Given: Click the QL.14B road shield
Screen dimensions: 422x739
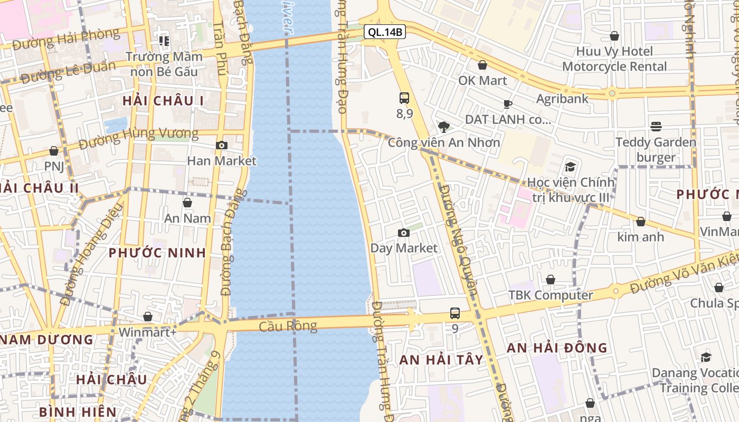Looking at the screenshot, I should [x=385, y=32].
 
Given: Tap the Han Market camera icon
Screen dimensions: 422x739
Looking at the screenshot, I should [x=222, y=145].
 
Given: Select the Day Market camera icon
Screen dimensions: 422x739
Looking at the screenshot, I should [x=404, y=233].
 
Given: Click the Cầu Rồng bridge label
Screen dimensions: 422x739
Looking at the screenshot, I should [x=288, y=326].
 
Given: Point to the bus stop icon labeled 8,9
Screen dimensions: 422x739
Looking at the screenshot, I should [x=404, y=98].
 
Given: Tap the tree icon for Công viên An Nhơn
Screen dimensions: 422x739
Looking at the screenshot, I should [x=443, y=127].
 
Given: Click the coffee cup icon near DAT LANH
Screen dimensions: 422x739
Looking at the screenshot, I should [x=508, y=104].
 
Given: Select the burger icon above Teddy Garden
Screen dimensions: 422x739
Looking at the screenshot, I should [x=656, y=127].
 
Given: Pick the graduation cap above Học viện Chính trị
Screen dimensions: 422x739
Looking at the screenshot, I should [x=570, y=167].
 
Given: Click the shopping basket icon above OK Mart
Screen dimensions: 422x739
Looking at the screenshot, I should [x=482, y=65].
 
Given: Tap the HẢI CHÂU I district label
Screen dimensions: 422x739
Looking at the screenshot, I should [x=163, y=101].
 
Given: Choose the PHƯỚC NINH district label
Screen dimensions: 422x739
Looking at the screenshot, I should [x=157, y=253].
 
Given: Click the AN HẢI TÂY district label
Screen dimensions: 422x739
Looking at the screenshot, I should [x=441, y=360].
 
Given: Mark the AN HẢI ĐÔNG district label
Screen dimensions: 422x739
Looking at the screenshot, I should [x=557, y=348].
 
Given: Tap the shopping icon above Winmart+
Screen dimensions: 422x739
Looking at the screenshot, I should [x=148, y=316].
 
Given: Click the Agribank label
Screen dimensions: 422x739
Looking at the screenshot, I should [x=562, y=99].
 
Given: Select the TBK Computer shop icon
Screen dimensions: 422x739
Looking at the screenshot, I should [x=551, y=280].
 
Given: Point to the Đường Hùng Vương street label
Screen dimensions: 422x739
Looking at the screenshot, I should [x=138, y=138].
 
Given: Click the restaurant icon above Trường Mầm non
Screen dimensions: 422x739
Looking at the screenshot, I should [x=164, y=41].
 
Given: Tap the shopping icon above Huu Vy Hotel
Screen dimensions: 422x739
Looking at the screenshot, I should [x=614, y=36].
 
